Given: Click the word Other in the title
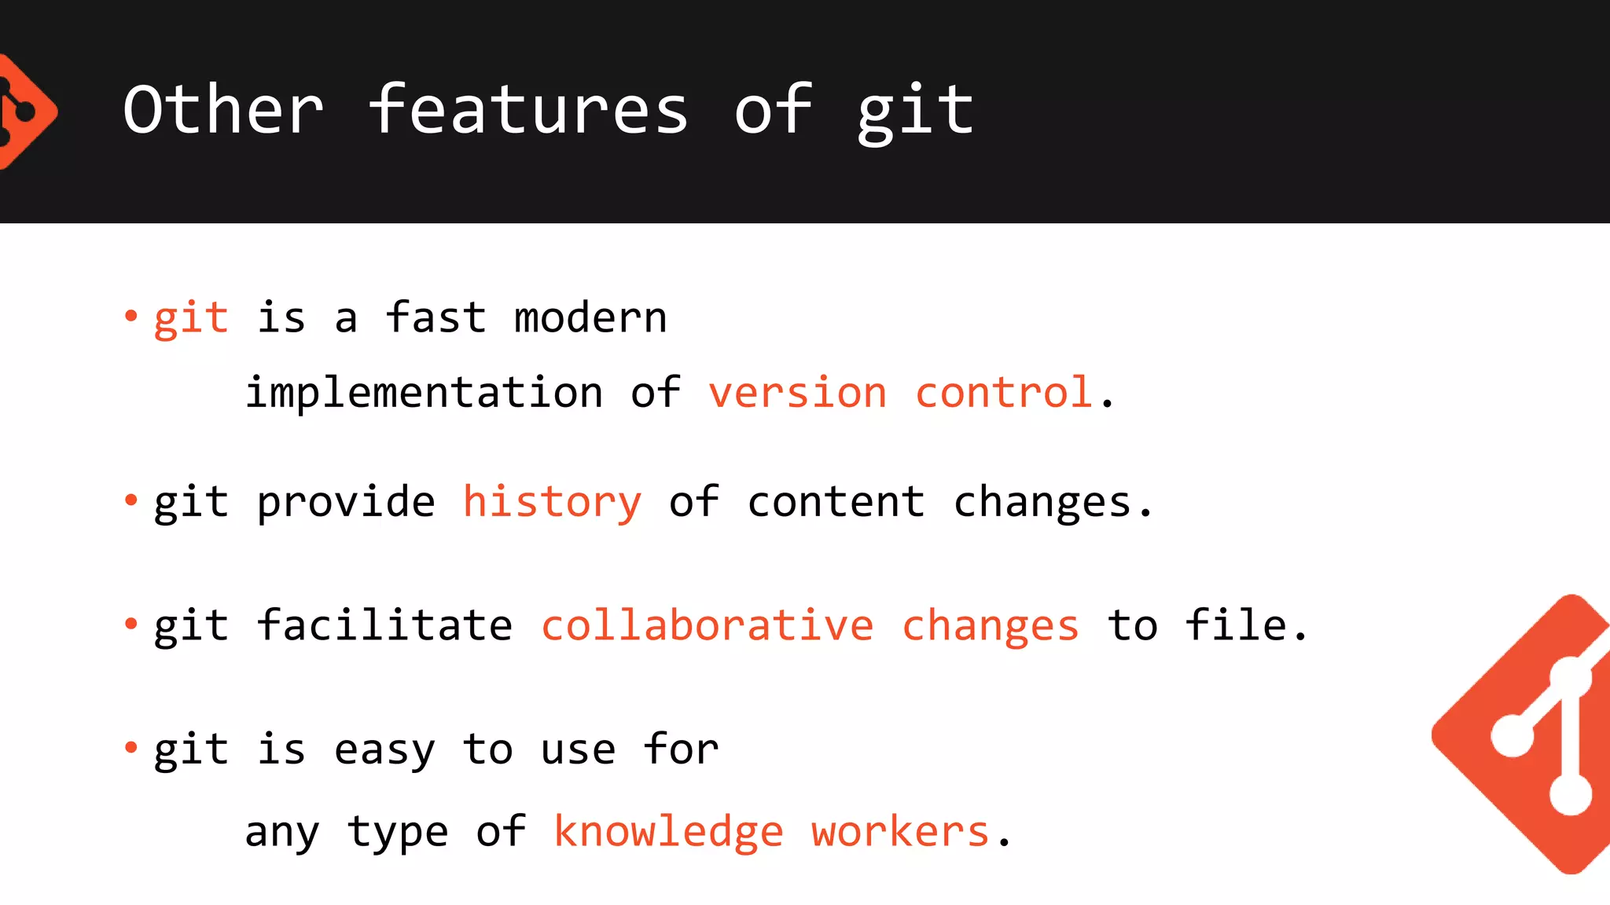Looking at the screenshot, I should pyautogui.click(x=223, y=110).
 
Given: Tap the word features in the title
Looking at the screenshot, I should pyautogui.click(x=528, y=110).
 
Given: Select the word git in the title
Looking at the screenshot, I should pyautogui.click(x=915, y=112).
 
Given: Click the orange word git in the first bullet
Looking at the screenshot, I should pyautogui.click(x=191, y=318).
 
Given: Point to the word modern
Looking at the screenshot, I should pyautogui.click(x=590, y=318).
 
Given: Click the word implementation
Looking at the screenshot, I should pyautogui.click(x=424, y=392).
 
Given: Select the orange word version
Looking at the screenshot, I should pyautogui.click(x=797, y=392).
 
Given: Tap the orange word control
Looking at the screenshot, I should pyautogui.click(x=1004, y=392).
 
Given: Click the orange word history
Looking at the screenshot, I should pyautogui.click(x=552, y=502).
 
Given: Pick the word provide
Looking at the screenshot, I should pyautogui.click(x=346, y=502).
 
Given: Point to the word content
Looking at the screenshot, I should pyautogui.click(x=836, y=502).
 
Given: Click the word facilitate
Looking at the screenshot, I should pyautogui.click(x=384, y=625).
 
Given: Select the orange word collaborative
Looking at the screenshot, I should pyautogui.click(x=707, y=625).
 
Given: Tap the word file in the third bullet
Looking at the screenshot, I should pyautogui.click(x=1235, y=625).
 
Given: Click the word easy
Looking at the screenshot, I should pyautogui.click(x=384, y=750).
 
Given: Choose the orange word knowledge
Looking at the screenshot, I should pyautogui.click(x=668, y=832).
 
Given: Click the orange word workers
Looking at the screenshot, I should pyautogui.click(x=900, y=832).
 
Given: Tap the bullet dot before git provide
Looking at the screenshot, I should pyautogui.click(x=131, y=500).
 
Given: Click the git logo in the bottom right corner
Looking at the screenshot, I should pyautogui.click(x=1533, y=735).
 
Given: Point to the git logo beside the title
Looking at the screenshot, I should pyautogui.click(x=24, y=112).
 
